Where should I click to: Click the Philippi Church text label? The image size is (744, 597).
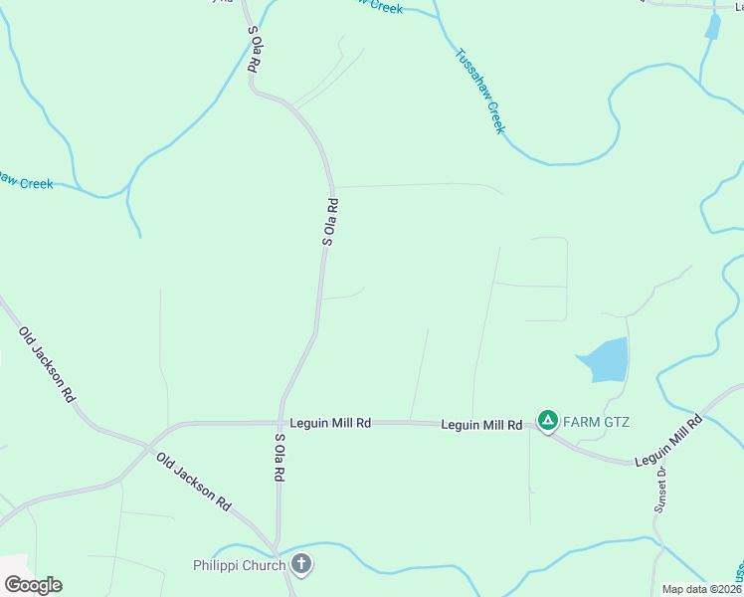[x=239, y=566]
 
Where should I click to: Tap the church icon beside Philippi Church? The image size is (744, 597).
[x=301, y=566]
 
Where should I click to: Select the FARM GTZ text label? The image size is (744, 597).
[x=597, y=421]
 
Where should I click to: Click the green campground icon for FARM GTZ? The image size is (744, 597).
[x=547, y=421]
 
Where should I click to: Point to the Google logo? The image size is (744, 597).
[x=32, y=585]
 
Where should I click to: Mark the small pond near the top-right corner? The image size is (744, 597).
[x=712, y=27]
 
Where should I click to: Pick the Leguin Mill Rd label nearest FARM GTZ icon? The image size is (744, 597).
[x=482, y=425]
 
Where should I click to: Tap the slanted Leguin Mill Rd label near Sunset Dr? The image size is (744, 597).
[x=668, y=442]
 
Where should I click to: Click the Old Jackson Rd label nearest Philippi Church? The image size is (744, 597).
[x=193, y=482]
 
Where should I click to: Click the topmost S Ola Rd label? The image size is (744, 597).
[x=255, y=47]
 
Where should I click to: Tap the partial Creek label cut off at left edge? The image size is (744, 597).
[x=26, y=182]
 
